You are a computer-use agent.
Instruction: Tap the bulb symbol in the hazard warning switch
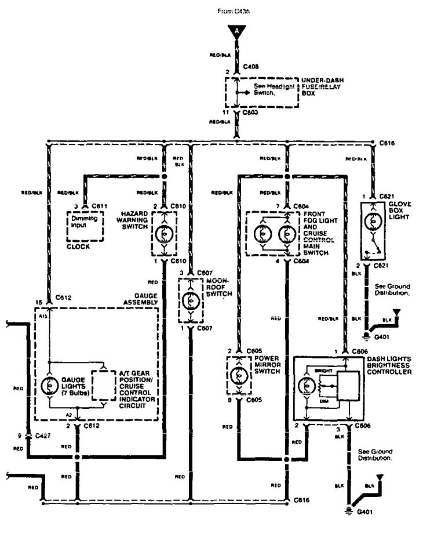(x=163, y=230)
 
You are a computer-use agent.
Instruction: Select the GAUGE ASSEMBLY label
(x=141, y=302)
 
